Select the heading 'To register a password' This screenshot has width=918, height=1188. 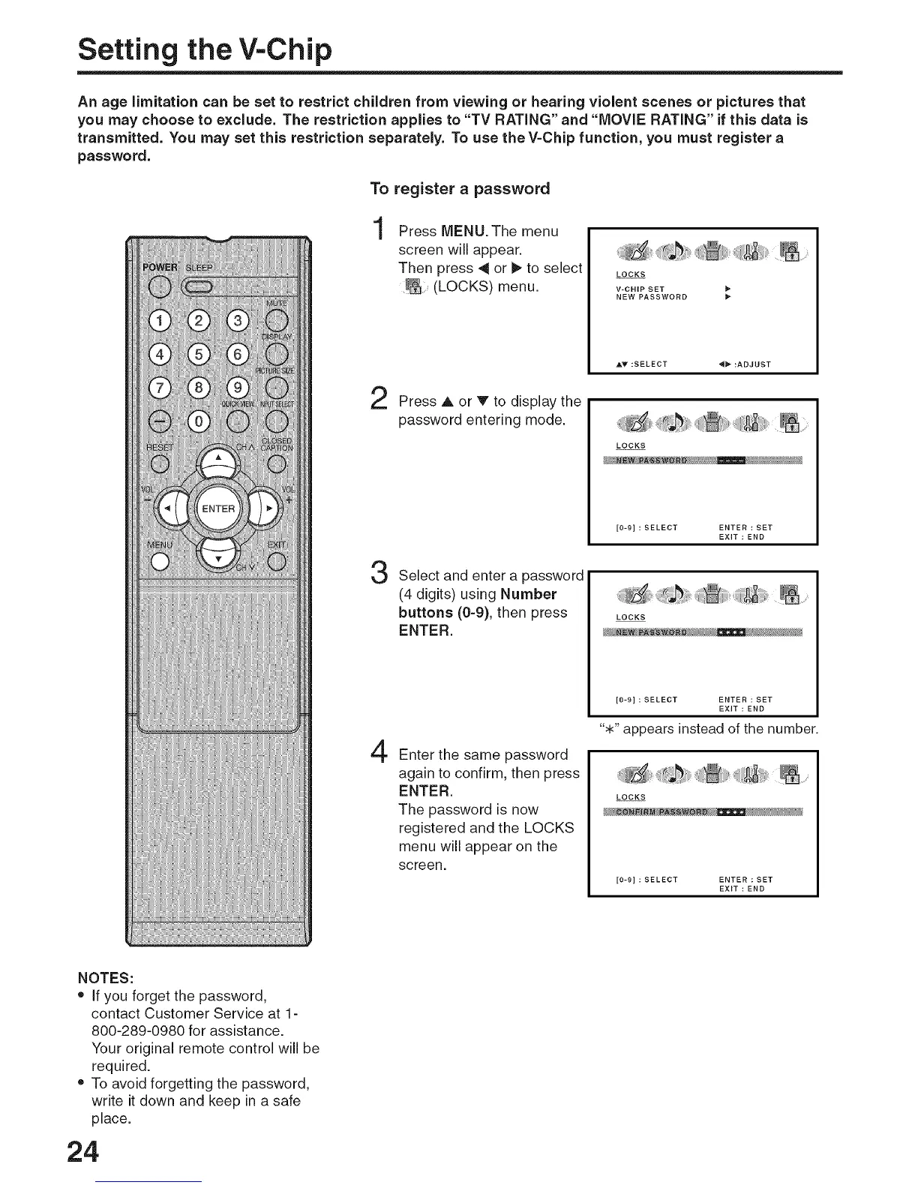(x=460, y=188)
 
